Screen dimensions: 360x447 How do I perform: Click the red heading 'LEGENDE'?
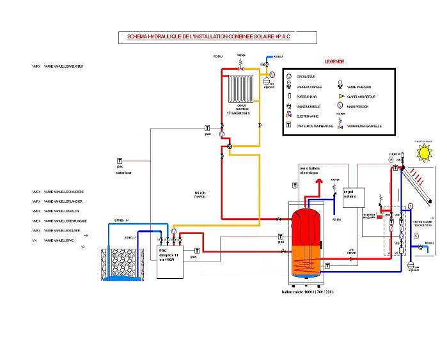point(334,62)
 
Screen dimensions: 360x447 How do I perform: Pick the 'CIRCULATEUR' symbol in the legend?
point(290,77)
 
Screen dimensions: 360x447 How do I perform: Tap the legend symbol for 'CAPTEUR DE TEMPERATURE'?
point(290,126)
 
